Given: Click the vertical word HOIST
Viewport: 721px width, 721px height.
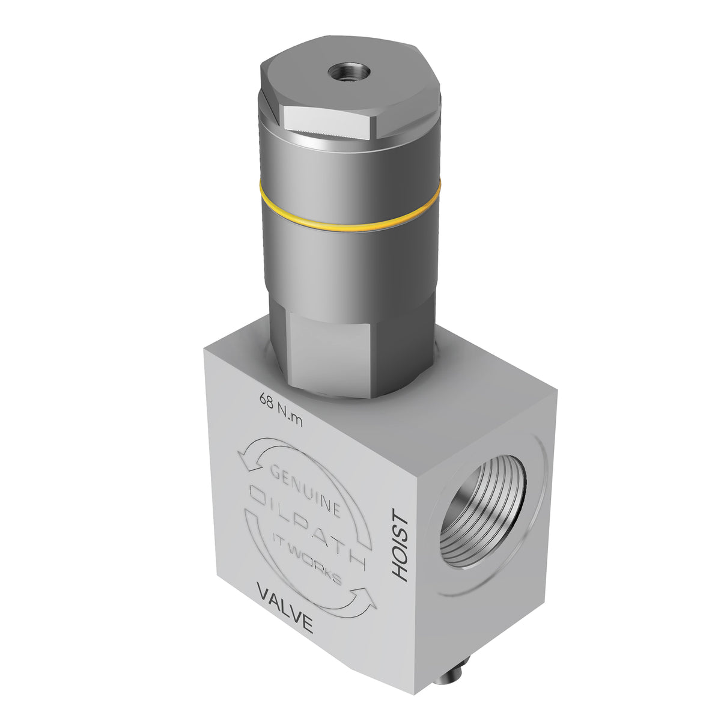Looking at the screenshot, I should [x=400, y=544].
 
